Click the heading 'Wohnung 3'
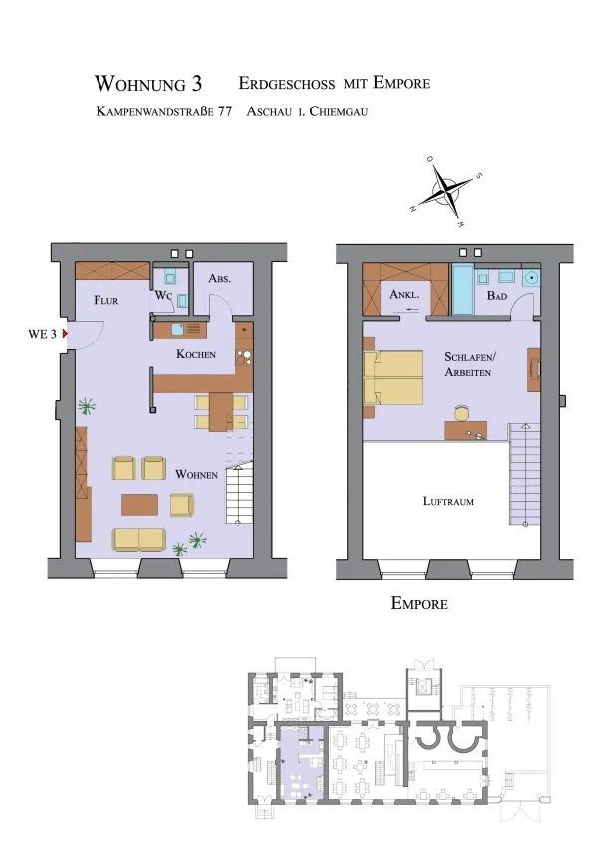pyautogui.click(x=148, y=84)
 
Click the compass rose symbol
pyautogui.click(x=446, y=191)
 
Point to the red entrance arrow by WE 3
pyautogui.click(x=65, y=334)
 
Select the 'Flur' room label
pyautogui.click(x=106, y=300)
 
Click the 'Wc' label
pyautogui.click(x=164, y=296)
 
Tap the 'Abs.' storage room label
pyautogui.click(x=219, y=278)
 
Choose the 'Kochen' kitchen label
pyautogui.click(x=196, y=354)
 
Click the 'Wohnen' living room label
pyautogui.click(x=197, y=474)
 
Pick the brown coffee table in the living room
pyautogui.click(x=139, y=505)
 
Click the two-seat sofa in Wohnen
pyautogui.click(x=139, y=540)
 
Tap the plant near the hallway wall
pyautogui.click(x=86, y=407)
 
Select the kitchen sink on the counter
pyautogui.click(x=177, y=329)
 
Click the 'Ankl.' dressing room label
pyautogui.click(x=404, y=294)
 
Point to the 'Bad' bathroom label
pyautogui.click(x=497, y=296)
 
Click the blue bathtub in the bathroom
pyautogui.click(x=462, y=289)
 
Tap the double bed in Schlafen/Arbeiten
pyautogui.click(x=393, y=378)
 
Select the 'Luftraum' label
pyautogui.click(x=448, y=501)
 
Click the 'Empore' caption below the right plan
pyautogui.click(x=419, y=603)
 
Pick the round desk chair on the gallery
pyautogui.click(x=462, y=413)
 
